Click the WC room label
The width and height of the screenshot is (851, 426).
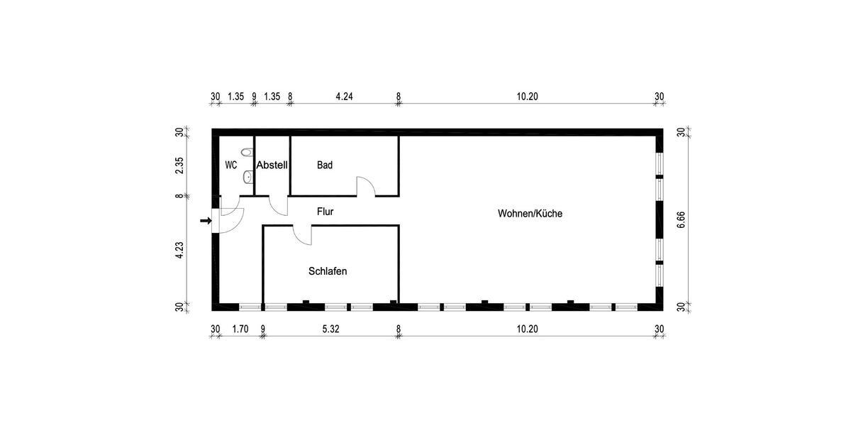230,165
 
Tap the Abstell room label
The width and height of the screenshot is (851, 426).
272,165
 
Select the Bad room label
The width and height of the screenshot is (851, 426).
325,165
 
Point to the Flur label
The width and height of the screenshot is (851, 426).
326,212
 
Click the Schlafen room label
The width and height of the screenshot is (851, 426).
328,271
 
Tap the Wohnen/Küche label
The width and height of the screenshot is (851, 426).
530,213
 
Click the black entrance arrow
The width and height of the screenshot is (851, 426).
206,221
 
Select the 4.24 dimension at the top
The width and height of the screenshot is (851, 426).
344,97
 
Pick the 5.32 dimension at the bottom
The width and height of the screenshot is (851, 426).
331,329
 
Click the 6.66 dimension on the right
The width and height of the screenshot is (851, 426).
681,219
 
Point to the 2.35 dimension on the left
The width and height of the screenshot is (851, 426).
180,165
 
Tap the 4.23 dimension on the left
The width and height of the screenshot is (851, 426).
180,251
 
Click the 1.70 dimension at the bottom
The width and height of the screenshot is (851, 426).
240,329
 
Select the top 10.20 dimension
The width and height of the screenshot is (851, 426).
527,97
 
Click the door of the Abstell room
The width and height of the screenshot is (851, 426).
279,205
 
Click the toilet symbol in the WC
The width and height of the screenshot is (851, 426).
246,153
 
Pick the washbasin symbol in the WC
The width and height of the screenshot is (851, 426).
247,176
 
